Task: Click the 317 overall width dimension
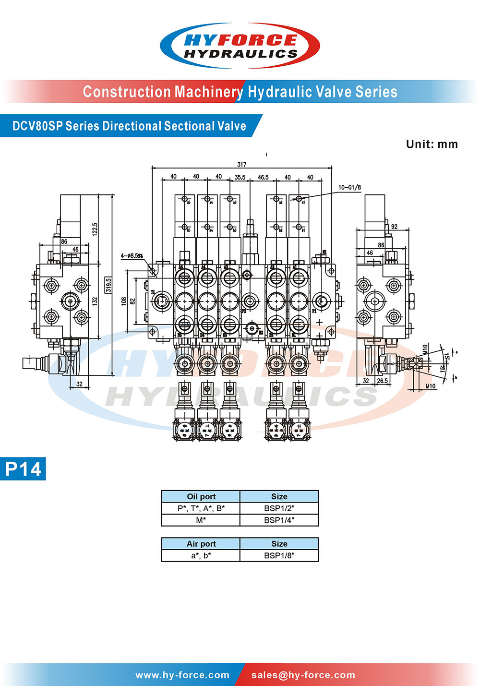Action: coord(241,164)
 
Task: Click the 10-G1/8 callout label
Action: coord(349,187)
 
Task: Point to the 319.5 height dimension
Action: coord(108,285)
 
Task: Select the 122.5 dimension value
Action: coord(95,229)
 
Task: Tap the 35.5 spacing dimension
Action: coord(240,177)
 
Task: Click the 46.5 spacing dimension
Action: coord(263,177)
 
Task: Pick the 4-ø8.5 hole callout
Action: coord(132,256)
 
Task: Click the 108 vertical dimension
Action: coord(124,301)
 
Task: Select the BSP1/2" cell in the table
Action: coord(279,508)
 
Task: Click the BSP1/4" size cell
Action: coord(279,520)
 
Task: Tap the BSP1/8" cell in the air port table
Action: coord(279,555)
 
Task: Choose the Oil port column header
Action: coord(201,496)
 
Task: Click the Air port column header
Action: coord(201,543)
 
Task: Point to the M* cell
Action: coord(201,520)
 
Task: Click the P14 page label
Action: coord(24,469)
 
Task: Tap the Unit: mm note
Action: coord(432,144)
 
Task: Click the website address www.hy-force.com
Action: coord(182,675)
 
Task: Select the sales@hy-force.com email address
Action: coord(303,675)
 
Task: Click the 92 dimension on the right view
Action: coord(394,227)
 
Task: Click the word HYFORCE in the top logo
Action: coord(240,40)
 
